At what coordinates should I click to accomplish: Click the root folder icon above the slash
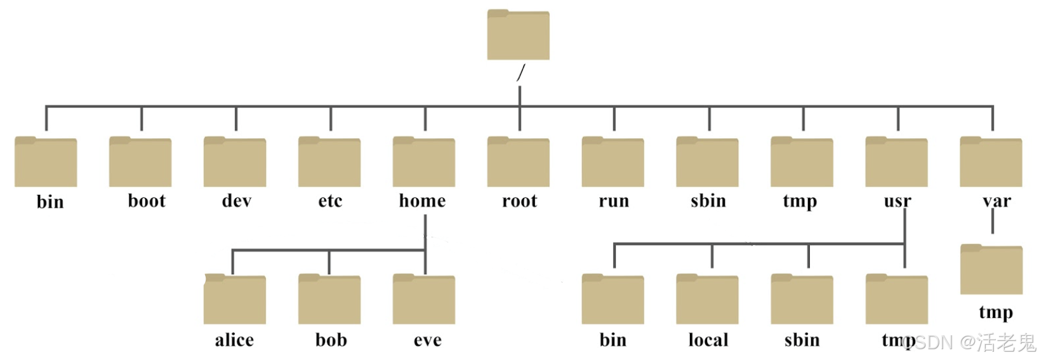pyautogui.click(x=518, y=35)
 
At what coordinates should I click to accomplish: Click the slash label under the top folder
pyautogui.click(x=520, y=73)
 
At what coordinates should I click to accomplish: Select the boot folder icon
pyautogui.click(x=140, y=162)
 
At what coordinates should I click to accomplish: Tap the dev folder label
pyautogui.click(x=236, y=201)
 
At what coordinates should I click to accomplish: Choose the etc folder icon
pyautogui.click(x=329, y=162)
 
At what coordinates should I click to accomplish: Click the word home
pyautogui.click(x=422, y=201)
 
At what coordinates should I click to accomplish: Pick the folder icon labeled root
pyautogui.click(x=518, y=162)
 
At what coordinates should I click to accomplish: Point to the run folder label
pyautogui.click(x=613, y=201)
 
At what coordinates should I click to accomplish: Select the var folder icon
pyautogui.click(x=991, y=162)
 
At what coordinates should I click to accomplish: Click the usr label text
pyautogui.click(x=897, y=201)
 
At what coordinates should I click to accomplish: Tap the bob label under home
pyautogui.click(x=331, y=340)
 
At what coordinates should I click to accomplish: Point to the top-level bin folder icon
pyautogui.click(x=46, y=162)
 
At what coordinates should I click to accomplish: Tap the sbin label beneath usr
pyautogui.click(x=802, y=340)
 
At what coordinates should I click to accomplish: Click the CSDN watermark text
pyautogui.click(x=971, y=343)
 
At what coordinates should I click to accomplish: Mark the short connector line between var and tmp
pyautogui.click(x=992, y=222)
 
